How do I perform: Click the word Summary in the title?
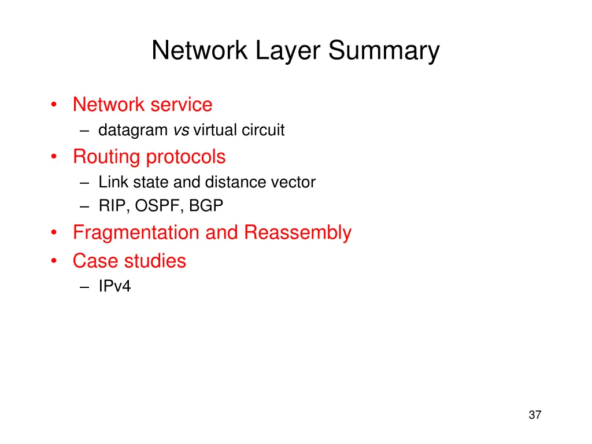[384, 51]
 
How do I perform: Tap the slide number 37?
[535, 415]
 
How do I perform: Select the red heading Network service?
[142, 105]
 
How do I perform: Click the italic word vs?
[180, 130]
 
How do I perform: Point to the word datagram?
[133, 130]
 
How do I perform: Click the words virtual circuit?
[239, 130]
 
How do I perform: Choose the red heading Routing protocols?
[149, 157]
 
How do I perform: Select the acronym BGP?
[206, 206]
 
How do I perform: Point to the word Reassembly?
[297, 232]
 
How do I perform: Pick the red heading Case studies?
[129, 261]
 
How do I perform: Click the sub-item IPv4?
[114, 286]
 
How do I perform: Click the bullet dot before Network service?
[54, 105]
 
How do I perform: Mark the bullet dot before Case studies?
[54, 261]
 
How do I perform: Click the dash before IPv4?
[86, 287]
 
